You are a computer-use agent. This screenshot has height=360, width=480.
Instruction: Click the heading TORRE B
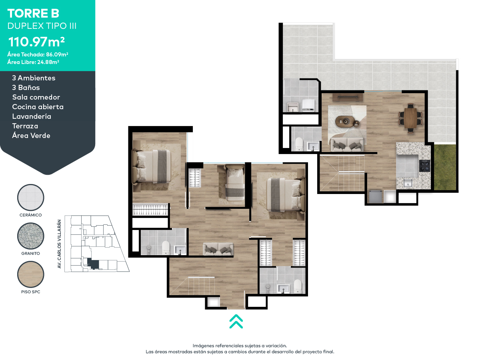tap(33, 13)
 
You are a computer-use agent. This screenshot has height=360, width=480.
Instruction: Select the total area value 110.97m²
tap(36, 42)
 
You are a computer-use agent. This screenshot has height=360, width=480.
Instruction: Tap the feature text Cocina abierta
tap(38, 107)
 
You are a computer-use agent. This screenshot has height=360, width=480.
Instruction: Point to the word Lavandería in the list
tap(32, 116)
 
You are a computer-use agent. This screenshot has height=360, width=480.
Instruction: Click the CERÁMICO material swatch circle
tap(31, 197)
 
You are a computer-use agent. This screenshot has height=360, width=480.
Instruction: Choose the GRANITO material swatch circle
tap(31, 236)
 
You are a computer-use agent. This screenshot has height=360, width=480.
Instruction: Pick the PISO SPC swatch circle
tap(31, 274)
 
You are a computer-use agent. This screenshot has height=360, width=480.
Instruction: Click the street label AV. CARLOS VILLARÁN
tap(59, 244)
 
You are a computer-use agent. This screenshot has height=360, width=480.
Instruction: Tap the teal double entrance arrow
tap(236, 321)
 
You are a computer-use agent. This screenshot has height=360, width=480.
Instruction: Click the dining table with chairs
tap(410, 118)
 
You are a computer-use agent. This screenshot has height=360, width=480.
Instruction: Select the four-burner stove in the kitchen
tap(424, 166)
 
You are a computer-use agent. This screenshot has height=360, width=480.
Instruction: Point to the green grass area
tap(445, 167)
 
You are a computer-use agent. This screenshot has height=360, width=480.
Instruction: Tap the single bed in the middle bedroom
tap(234, 183)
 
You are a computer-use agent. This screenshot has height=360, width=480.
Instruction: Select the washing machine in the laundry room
tap(308, 105)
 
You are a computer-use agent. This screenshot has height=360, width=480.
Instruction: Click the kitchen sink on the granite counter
tap(408, 183)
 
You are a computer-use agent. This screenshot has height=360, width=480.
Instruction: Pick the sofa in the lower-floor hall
tap(218, 249)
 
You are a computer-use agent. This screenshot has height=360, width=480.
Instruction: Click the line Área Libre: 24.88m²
tap(33, 62)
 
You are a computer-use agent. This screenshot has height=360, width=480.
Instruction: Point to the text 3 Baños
tap(26, 88)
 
